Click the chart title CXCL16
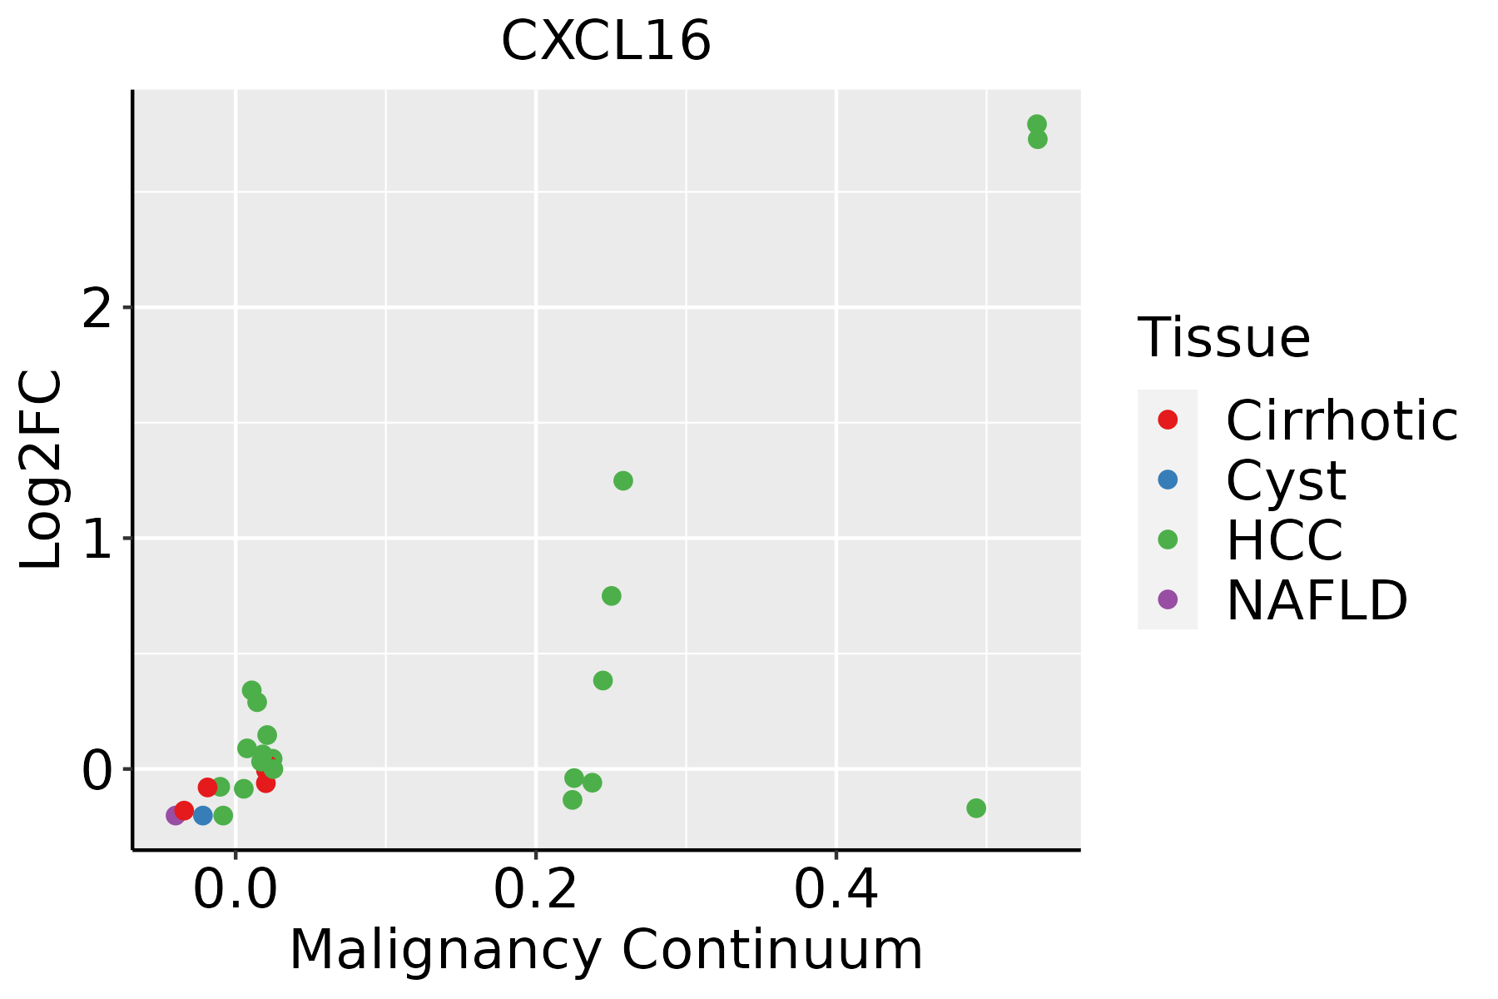tap(606, 42)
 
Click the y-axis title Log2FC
tap(42, 470)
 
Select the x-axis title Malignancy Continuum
tap(606, 950)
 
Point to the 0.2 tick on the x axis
tap(536, 891)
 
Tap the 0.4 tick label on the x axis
tap(836, 891)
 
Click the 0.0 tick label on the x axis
tap(236, 891)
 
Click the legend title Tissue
tap(1224, 338)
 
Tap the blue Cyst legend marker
tap(1168, 480)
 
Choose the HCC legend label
tap(1284, 539)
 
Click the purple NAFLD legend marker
tap(1168, 599)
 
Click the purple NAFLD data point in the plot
tap(176, 815)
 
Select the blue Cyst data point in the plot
tap(203, 815)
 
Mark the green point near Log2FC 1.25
tap(623, 480)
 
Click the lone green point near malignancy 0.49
tap(976, 808)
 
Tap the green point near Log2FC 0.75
tap(611, 596)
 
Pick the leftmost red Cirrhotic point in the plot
tap(184, 810)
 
